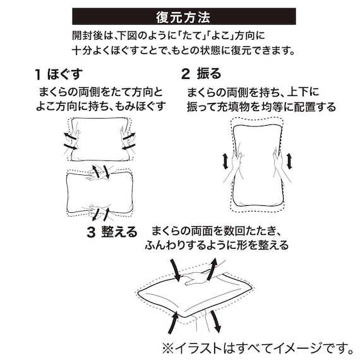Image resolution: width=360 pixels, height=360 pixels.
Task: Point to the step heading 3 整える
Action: pyautogui.click(x=112, y=232)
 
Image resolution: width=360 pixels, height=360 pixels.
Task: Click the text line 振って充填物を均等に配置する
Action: pyautogui.click(x=261, y=107)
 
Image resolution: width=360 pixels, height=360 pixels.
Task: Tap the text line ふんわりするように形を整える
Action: pyautogui.click(x=217, y=245)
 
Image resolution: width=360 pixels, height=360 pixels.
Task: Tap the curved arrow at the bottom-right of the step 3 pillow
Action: pyautogui.click(x=216, y=320)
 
